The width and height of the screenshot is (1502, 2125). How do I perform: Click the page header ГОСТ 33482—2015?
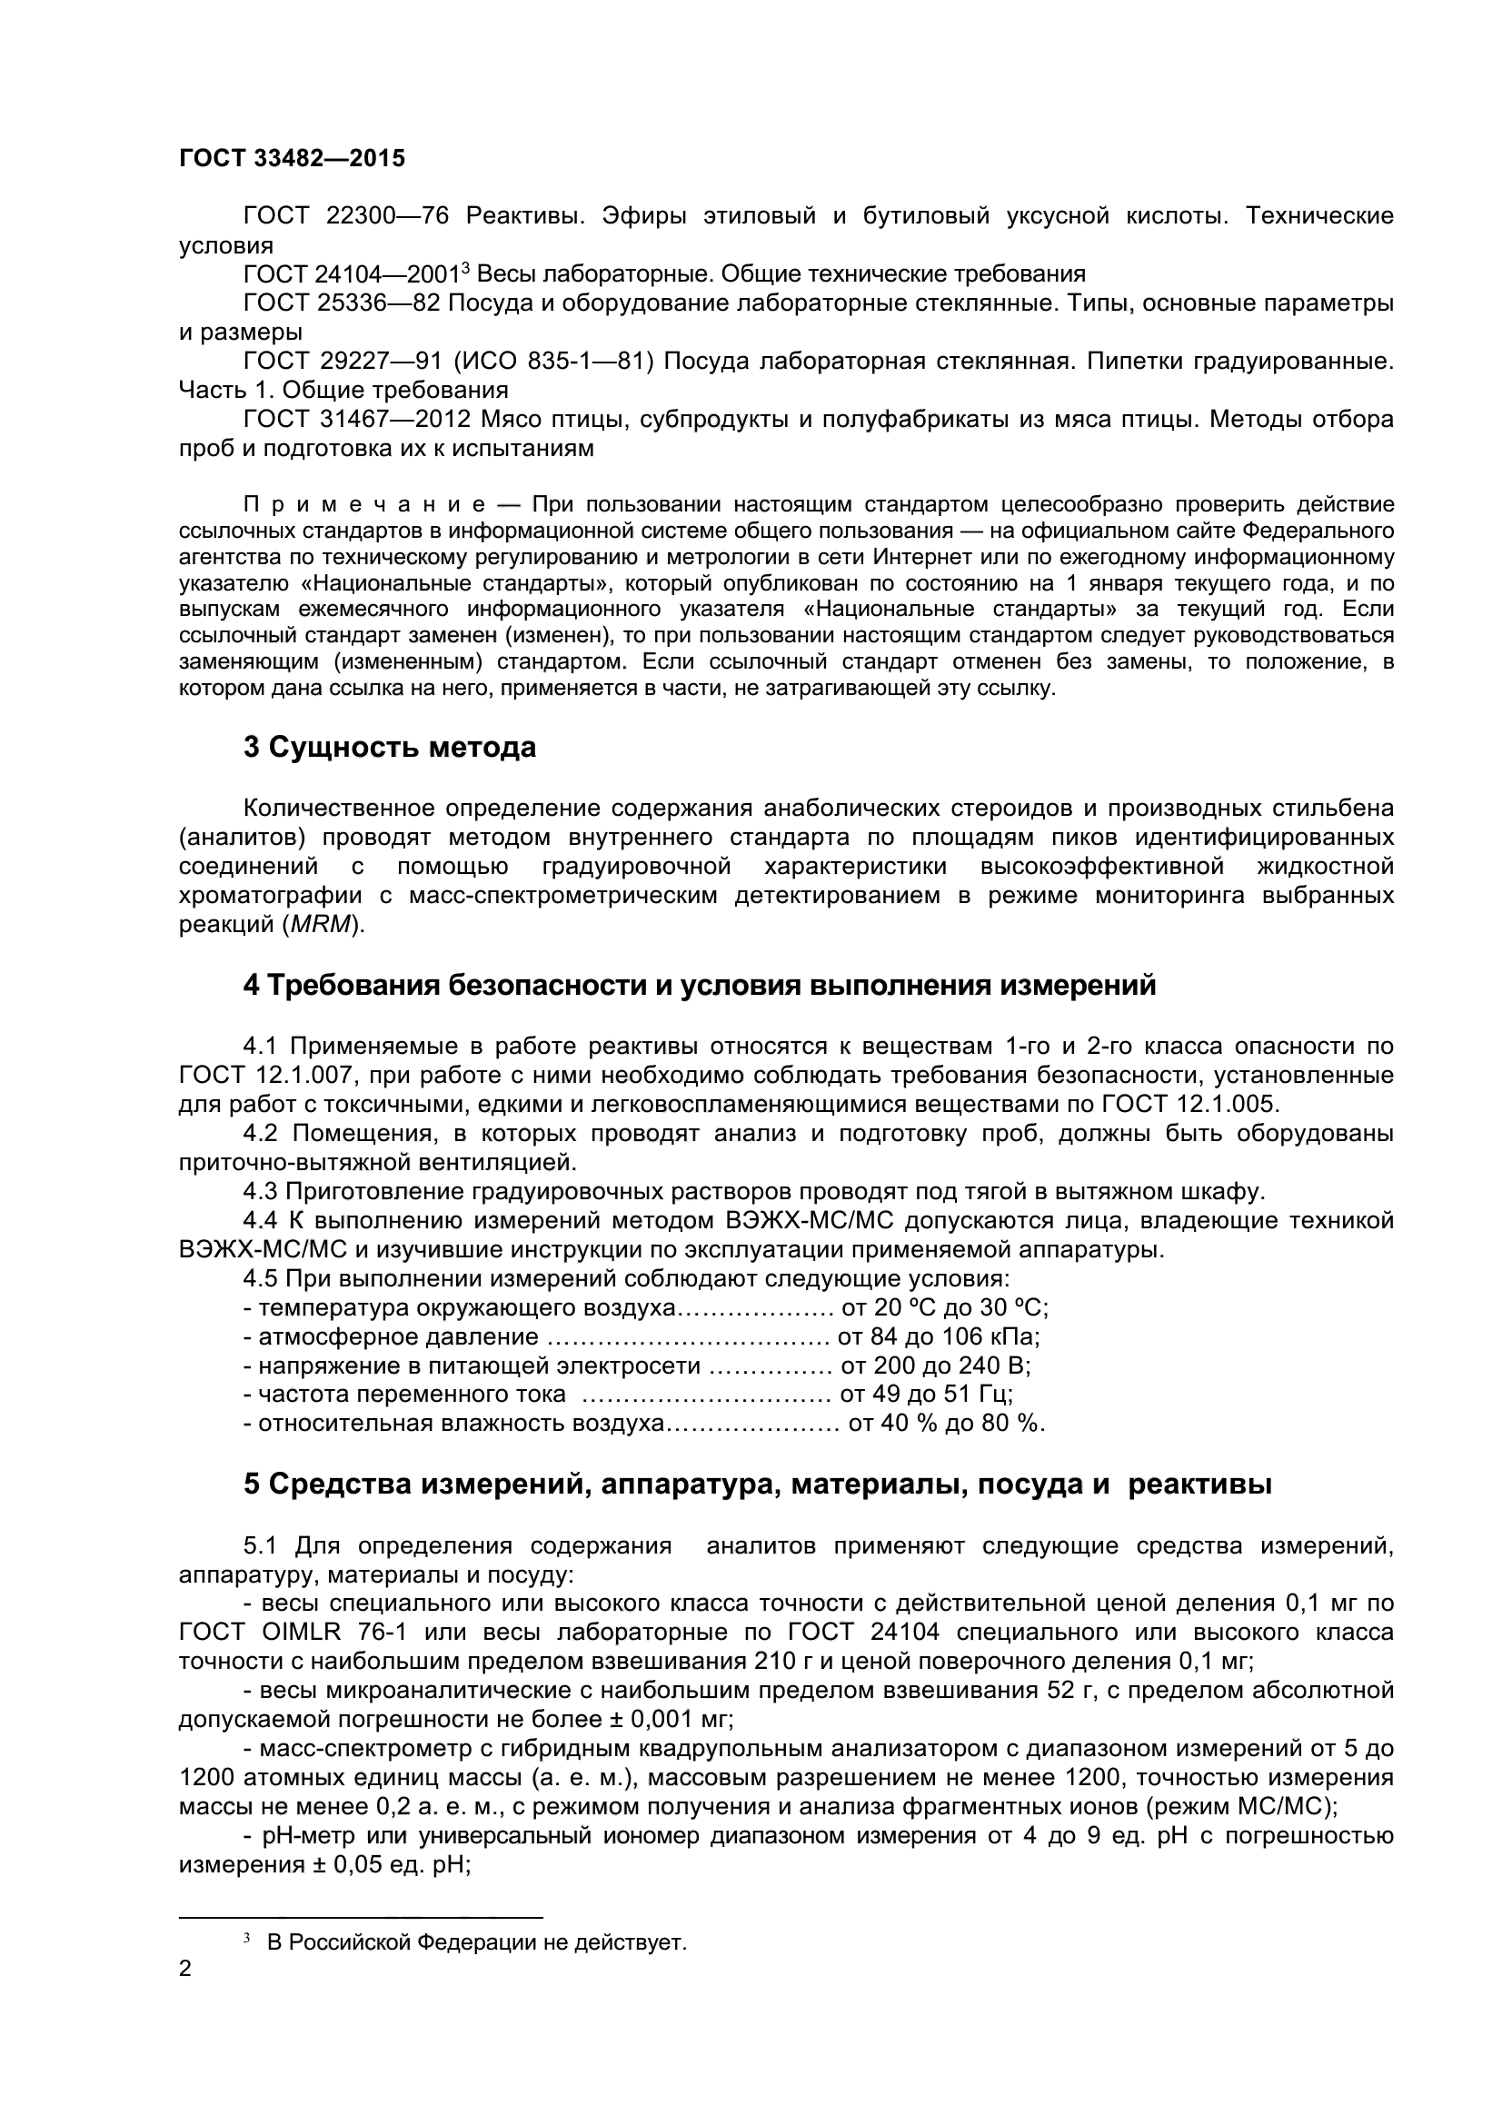pos(292,158)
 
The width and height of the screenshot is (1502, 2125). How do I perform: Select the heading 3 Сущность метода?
pos(389,747)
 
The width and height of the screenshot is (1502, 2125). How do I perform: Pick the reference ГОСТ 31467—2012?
pos(354,419)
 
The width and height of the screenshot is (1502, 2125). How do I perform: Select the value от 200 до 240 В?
pos(935,1366)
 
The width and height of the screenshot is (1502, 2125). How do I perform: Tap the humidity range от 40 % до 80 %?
pos(946,1424)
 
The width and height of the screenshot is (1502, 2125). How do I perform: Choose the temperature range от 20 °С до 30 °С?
pos(943,1308)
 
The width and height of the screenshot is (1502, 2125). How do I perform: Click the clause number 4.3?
pos(260,1191)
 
